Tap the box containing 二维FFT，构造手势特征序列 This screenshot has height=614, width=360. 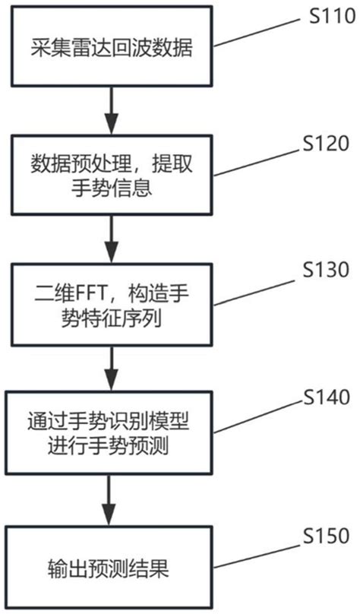click(112, 304)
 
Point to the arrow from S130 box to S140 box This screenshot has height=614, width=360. click(112, 367)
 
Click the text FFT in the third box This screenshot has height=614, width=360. click(85, 293)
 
